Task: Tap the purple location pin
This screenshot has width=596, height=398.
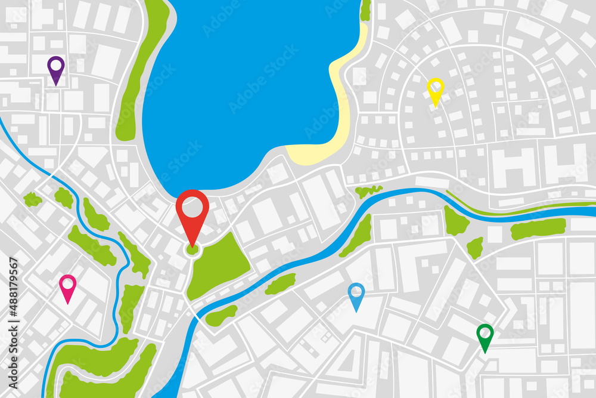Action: point(55,69)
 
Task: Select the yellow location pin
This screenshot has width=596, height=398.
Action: point(436,90)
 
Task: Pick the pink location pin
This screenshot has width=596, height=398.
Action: point(68,287)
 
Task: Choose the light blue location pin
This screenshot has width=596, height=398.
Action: point(356,295)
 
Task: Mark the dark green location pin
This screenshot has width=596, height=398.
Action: point(485,337)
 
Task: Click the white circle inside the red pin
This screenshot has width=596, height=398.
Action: point(192,206)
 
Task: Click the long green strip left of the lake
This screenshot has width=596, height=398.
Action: point(140,72)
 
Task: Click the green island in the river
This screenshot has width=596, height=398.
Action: point(280,283)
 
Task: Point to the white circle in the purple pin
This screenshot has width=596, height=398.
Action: point(55,64)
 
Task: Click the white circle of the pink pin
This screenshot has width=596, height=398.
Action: point(68,282)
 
